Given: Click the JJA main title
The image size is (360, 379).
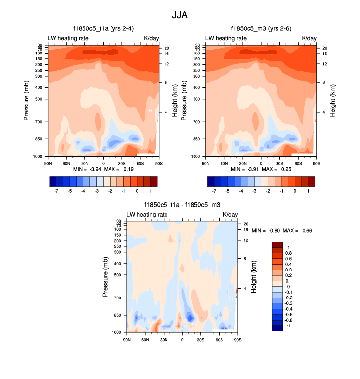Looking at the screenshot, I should point(179,15).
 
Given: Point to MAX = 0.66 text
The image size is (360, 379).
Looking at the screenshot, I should point(299,230).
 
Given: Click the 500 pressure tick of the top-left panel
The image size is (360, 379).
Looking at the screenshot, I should point(38,99).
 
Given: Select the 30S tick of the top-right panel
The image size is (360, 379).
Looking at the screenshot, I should point(279,163).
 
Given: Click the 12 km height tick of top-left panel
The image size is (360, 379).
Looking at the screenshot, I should point(166,64).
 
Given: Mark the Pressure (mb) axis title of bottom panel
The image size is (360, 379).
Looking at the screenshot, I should point(105,278).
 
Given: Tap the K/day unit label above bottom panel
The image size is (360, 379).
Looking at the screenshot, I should point(230,215).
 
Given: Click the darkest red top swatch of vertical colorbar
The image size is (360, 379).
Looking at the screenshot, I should point(277,244).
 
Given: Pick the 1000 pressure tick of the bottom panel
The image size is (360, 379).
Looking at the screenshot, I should point(117,332).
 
